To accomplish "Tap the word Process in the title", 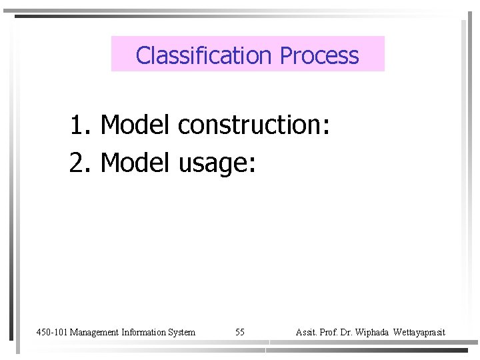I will pyautogui.click(x=319, y=55).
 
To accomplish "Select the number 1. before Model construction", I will pyautogui.click(x=82, y=124).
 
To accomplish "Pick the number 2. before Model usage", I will pyautogui.click(x=82, y=162).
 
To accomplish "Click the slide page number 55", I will pyautogui.click(x=240, y=332).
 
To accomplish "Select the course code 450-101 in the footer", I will pyautogui.click(x=51, y=332).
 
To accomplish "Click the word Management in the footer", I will pyautogui.click(x=95, y=332).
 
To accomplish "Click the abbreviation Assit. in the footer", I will pyautogui.click(x=306, y=332).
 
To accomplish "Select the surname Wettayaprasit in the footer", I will pyautogui.click(x=419, y=332).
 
